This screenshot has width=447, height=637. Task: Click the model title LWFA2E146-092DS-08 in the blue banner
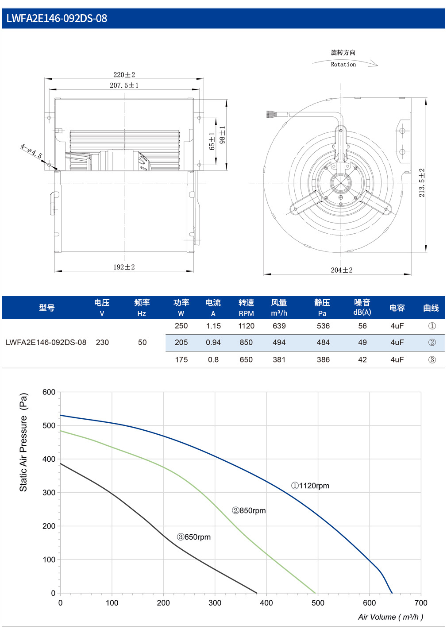point(57,19)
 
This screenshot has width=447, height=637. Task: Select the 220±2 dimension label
point(124,75)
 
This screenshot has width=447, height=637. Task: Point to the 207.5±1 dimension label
point(124,85)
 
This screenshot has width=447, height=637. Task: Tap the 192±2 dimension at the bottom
point(124,267)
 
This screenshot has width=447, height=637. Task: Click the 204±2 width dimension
point(342,270)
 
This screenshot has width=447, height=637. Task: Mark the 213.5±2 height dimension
point(422,183)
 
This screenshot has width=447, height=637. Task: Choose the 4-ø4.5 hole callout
point(31,151)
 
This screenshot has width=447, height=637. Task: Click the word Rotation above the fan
point(343,65)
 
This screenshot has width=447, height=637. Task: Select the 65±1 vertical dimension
point(212,141)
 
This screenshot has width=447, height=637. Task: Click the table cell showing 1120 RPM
point(246,326)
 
